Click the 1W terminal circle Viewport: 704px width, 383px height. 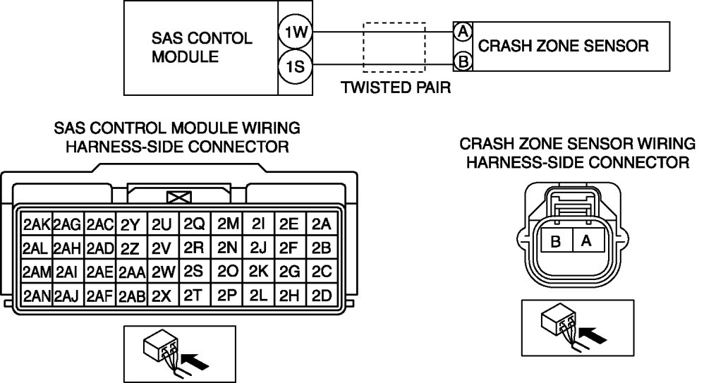pos(295,32)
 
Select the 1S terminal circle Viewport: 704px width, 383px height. pos(295,67)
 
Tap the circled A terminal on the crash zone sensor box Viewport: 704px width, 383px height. pos(463,32)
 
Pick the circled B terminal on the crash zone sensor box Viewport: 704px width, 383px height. pos(463,61)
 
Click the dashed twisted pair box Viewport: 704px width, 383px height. pos(394,47)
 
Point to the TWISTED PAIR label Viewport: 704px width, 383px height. pos(396,87)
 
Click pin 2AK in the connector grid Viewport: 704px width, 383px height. pos(37,224)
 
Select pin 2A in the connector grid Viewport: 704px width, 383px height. pos(322,224)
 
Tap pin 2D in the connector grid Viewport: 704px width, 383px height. pos(322,296)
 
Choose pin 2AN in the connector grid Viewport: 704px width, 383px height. pos(37,296)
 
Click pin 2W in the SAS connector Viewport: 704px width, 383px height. pos(163,272)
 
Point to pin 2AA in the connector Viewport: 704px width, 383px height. pos(131,272)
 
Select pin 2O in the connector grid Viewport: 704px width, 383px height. pos(226,271)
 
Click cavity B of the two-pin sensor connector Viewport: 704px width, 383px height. pos(556,241)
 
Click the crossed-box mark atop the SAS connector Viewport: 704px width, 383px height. pos(178,197)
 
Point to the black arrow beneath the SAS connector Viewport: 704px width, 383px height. pos(196,360)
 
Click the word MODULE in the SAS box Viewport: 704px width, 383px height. pos(185,57)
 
